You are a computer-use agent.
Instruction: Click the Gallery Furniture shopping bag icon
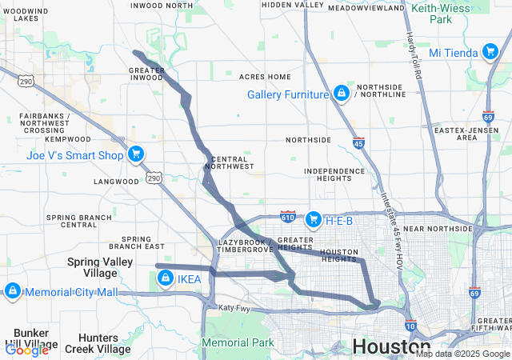342,94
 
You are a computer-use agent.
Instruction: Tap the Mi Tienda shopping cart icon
490,53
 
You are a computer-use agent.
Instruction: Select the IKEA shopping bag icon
165,278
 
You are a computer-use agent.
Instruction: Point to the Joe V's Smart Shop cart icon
137,154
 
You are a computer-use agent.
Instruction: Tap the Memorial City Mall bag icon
11,292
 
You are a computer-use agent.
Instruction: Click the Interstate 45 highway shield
358,143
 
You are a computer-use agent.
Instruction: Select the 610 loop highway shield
289,217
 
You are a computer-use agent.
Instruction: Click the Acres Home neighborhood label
265,77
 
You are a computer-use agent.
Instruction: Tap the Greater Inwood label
146,74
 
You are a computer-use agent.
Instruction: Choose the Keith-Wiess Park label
443,13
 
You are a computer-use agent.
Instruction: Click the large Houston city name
391,346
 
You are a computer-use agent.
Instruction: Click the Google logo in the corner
26,350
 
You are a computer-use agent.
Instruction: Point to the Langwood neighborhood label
116,182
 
